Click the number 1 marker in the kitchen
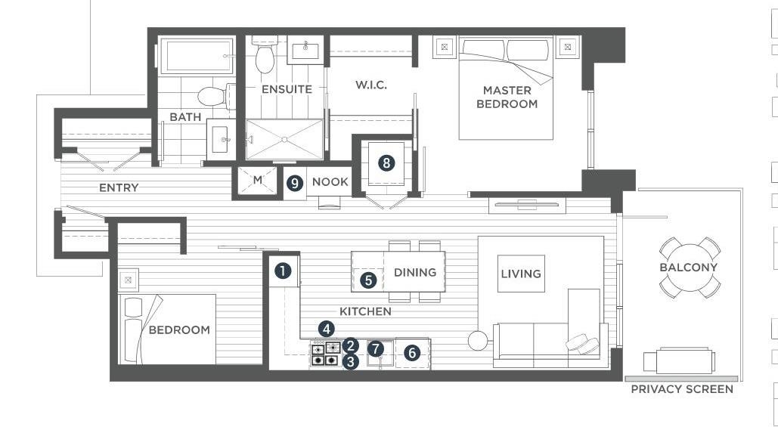point(283,271)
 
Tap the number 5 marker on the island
point(368,280)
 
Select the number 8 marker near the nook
point(386,163)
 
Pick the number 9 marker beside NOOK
point(295,184)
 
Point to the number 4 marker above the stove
point(326,328)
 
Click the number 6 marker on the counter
point(412,353)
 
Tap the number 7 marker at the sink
point(376,348)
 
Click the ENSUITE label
point(287,89)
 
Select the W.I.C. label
point(370,85)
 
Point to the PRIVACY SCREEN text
point(682,389)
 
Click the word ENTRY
point(119,188)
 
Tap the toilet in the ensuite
point(265,56)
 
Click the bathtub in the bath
point(197,56)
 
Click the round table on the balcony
point(690,268)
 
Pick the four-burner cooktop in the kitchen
point(325,354)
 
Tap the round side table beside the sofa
point(479,341)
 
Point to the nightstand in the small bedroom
point(129,280)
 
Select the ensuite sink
point(305,50)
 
